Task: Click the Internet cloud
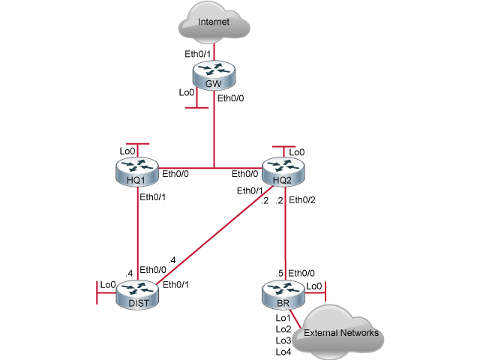click(x=214, y=23)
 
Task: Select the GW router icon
click(x=214, y=73)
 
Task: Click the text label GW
click(x=214, y=84)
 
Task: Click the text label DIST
click(x=138, y=302)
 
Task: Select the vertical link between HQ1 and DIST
click(x=138, y=232)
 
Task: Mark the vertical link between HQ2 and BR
click(x=284, y=232)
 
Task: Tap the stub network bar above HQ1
click(x=138, y=142)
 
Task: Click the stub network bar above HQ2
click(x=283, y=147)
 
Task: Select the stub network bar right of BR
click(x=325, y=289)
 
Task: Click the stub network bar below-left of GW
click(x=196, y=108)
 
